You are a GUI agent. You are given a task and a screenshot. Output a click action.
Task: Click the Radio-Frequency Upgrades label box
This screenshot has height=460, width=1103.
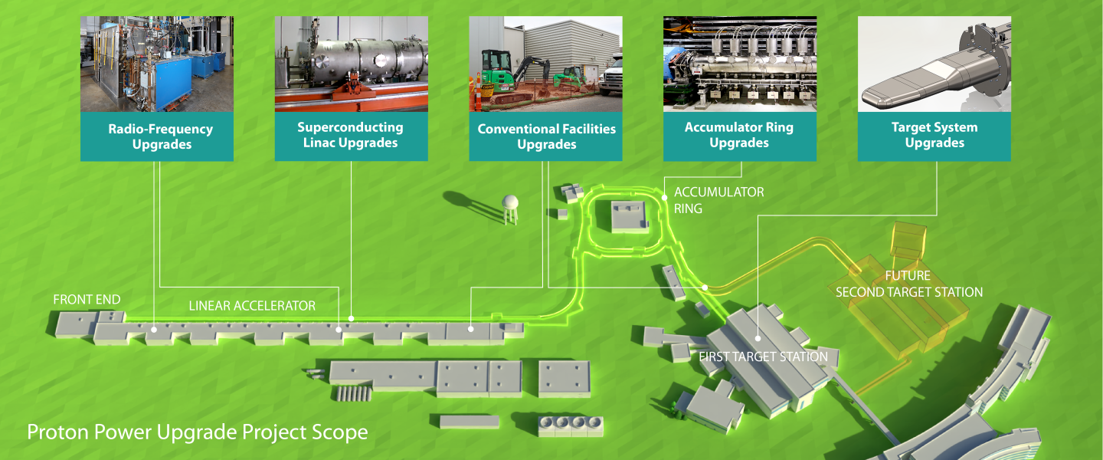(x=157, y=136)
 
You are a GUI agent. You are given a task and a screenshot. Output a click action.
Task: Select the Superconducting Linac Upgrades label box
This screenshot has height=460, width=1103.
(x=351, y=135)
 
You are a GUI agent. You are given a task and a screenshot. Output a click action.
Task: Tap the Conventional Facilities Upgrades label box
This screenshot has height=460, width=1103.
(x=546, y=136)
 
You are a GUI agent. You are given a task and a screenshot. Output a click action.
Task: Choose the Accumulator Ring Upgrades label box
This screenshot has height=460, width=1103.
(x=739, y=135)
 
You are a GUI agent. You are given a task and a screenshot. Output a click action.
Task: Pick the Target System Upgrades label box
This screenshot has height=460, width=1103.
(x=934, y=135)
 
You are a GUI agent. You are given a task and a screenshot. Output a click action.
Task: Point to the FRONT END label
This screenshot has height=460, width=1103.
(x=87, y=300)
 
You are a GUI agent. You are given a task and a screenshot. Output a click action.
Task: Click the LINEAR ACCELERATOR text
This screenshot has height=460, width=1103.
(x=252, y=306)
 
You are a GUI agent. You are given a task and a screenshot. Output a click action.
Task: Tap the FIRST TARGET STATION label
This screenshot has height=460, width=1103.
(x=763, y=356)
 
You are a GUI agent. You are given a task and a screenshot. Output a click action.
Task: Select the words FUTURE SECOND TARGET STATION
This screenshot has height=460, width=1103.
(x=908, y=284)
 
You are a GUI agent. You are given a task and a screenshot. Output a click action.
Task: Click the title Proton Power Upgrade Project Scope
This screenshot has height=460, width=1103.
(x=198, y=432)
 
